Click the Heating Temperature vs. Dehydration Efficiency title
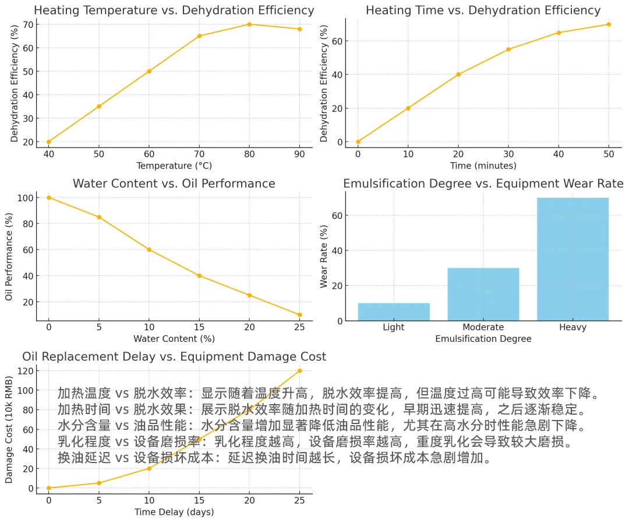pos(174,10)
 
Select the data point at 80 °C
pos(249,24)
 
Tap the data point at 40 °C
pos(49,142)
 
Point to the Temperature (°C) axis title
pos(174,165)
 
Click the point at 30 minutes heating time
pos(508,50)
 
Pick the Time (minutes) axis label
pos(483,165)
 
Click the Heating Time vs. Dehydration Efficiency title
pos(483,10)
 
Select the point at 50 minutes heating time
pos(609,24)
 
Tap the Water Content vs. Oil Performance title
pos(174,184)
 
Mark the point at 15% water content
pos(199,276)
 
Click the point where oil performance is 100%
pos(49,198)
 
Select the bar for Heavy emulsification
pos(573,259)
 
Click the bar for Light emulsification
pos(394,311)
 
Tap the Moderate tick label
pos(483,327)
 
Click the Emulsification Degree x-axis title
pos(483,339)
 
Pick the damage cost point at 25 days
pos(299,371)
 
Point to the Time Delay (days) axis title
pos(174,512)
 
